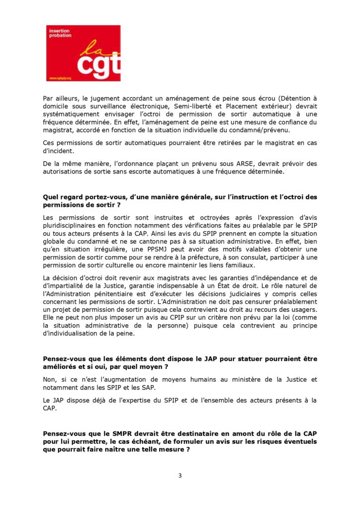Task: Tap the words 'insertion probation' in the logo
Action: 60,33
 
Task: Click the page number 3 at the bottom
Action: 180,475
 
